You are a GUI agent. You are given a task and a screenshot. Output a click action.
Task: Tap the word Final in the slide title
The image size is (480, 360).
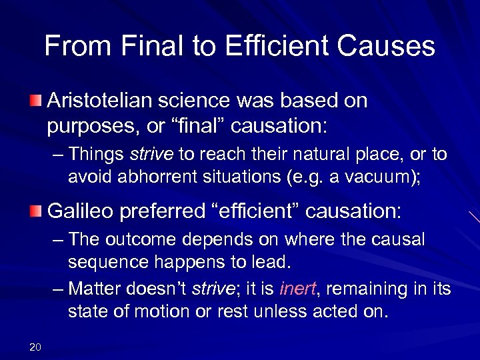(x=141, y=46)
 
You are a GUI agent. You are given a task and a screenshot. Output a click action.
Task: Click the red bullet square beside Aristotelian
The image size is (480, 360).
(x=36, y=102)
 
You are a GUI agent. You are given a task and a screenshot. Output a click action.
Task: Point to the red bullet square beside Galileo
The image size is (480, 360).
(x=36, y=212)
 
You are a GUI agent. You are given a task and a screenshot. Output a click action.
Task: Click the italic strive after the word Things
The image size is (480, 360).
(x=151, y=155)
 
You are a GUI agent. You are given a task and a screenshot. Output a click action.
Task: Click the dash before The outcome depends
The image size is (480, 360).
(x=57, y=239)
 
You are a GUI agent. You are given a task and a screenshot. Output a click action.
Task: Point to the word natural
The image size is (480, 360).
(x=329, y=155)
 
